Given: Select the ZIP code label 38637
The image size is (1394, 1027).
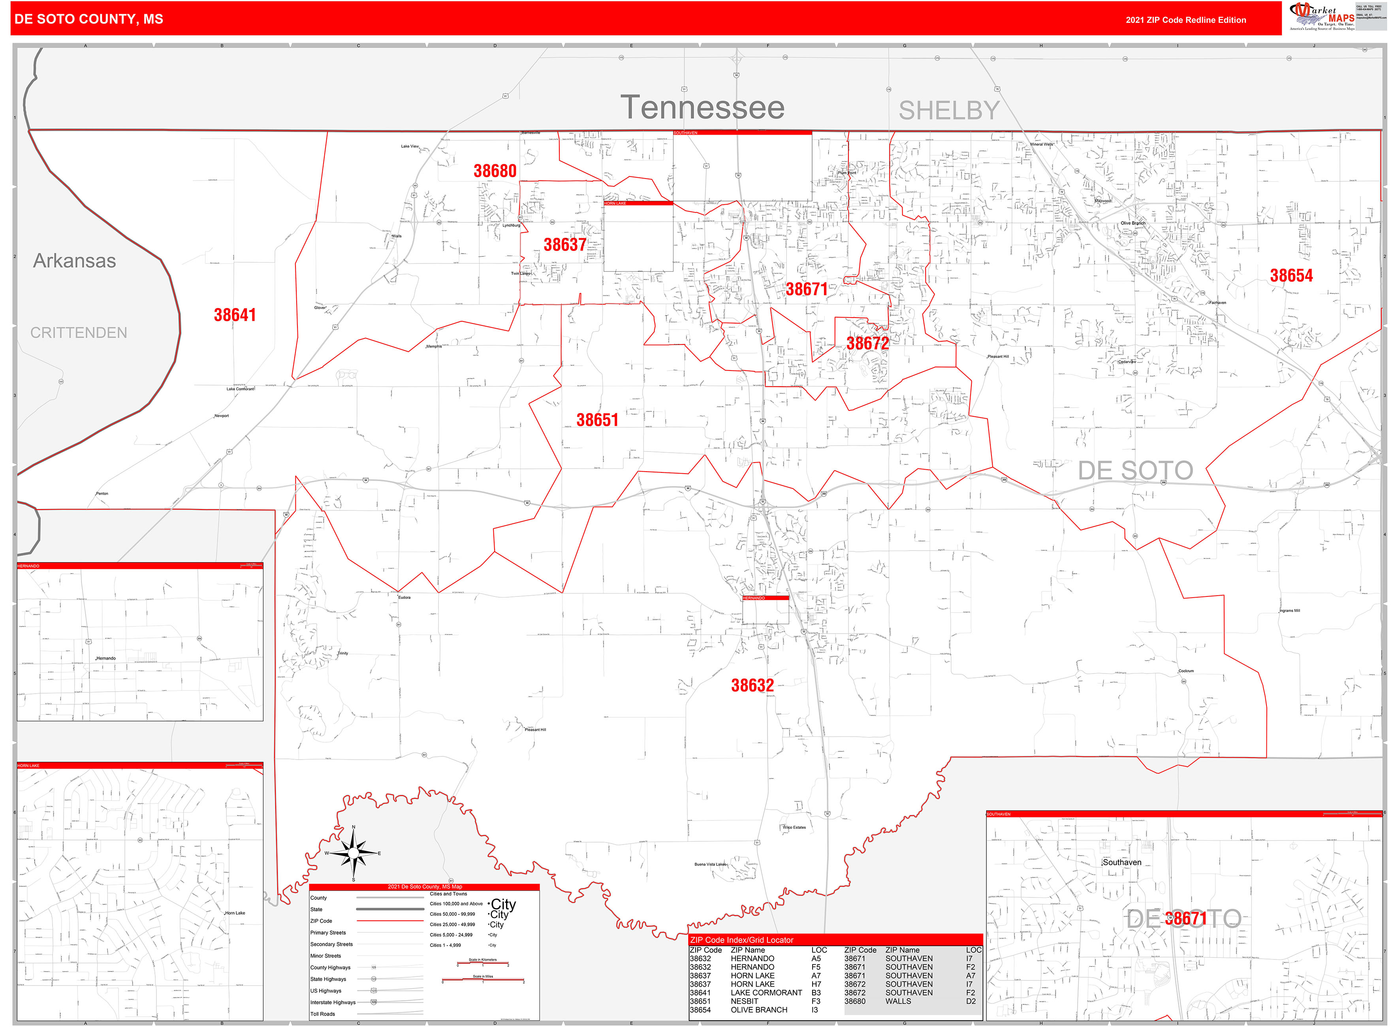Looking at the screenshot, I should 564,245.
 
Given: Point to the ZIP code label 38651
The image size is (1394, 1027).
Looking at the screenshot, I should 597,420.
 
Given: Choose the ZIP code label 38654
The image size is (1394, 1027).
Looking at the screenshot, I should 1291,276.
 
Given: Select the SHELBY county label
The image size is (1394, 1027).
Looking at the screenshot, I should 948,111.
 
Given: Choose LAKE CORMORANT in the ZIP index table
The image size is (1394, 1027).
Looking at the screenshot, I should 766,993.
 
